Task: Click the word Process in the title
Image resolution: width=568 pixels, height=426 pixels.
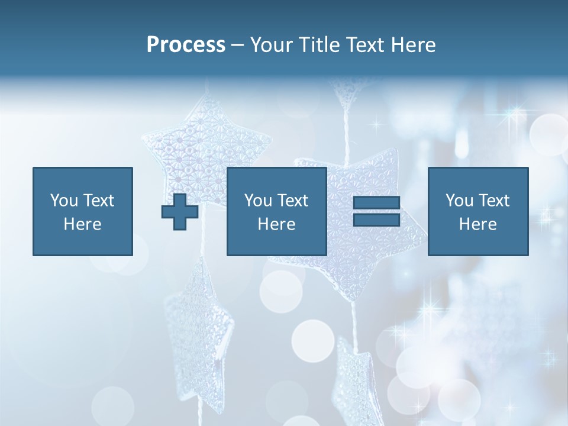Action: (x=186, y=45)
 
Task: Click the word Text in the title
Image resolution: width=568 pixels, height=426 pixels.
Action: (x=362, y=45)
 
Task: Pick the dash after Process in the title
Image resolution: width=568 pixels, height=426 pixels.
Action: (x=237, y=46)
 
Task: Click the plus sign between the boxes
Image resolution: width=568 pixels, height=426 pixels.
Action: (x=180, y=212)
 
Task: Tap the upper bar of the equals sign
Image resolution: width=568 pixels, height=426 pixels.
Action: (x=376, y=202)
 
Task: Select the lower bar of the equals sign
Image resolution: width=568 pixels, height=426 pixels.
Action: (x=376, y=220)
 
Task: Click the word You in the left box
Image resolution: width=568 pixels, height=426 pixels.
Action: (x=63, y=201)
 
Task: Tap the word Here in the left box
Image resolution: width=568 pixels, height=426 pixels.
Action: (x=82, y=224)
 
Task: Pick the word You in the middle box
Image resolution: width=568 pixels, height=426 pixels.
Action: (x=257, y=201)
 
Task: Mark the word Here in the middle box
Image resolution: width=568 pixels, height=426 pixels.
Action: (x=276, y=224)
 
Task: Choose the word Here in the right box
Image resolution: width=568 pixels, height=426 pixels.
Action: (x=477, y=224)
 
